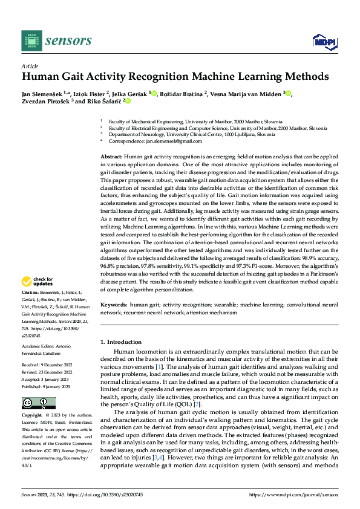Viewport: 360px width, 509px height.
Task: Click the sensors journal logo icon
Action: click(32, 41)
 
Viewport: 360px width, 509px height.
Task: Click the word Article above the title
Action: click(30, 66)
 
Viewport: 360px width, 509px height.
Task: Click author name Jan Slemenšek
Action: click(45, 94)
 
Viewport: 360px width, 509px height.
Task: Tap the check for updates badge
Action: click(38, 280)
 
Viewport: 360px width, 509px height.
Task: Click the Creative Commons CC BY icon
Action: click(38, 386)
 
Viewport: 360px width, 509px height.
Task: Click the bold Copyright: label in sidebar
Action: click(33, 399)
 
